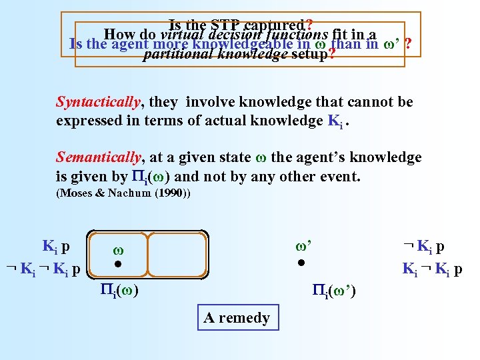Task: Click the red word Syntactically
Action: [98, 102]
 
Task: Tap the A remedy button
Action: [237, 318]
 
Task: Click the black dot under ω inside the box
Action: [117, 265]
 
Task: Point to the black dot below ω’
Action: [301, 264]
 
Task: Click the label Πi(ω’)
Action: [335, 290]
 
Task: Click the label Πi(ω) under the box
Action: [119, 290]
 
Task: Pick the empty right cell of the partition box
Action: [177, 253]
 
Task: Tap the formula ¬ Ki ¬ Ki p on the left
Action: [43, 269]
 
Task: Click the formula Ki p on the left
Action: [57, 246]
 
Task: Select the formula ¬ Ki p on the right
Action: [433, 246]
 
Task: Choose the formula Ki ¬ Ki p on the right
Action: [433, 269]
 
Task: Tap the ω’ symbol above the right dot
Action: [303, 246]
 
